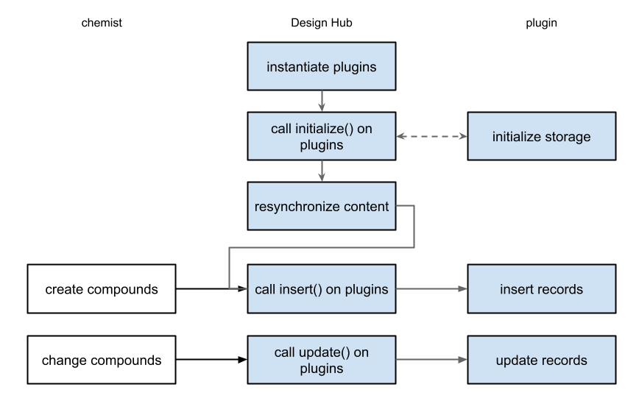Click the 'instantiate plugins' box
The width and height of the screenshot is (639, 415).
click(321, 67)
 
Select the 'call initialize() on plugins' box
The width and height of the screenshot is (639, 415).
click(321, 136)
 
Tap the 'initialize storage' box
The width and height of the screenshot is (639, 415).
click(541, 136)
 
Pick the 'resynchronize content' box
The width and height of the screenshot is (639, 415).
click(321, 206)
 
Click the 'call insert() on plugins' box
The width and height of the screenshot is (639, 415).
click(321, 289)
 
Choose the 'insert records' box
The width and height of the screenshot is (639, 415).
click(541, 289)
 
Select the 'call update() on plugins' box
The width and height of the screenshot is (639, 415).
click(321, 360)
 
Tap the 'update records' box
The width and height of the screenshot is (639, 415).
click(541, 360)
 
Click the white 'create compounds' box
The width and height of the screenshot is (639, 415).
click(102, 289)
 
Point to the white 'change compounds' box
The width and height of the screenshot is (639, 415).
click(102, 360)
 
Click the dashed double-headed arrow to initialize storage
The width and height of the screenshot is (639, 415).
click(431, 136)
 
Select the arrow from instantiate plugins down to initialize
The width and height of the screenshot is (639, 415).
click(322, 102)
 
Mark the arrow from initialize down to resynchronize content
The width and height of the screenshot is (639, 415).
click(322, 171)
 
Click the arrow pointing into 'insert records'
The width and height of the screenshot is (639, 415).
click(431, 289)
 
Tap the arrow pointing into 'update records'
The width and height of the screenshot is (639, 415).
click(431, 360)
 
